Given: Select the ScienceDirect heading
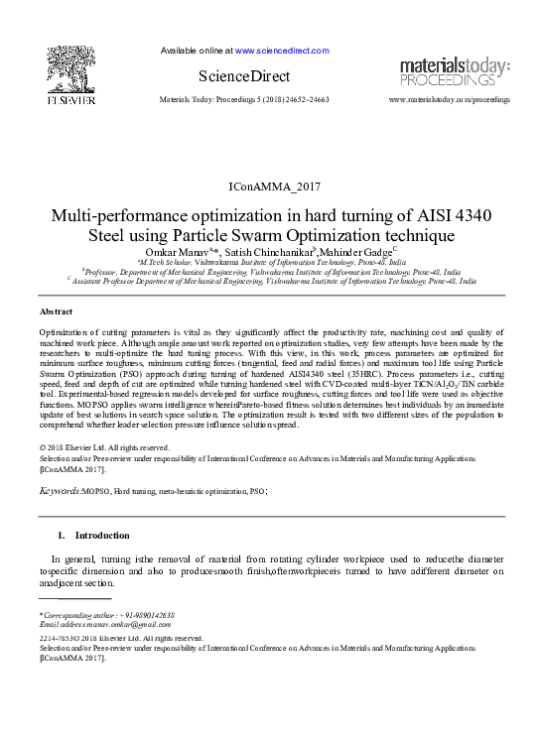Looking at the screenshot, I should coord(243,76).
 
